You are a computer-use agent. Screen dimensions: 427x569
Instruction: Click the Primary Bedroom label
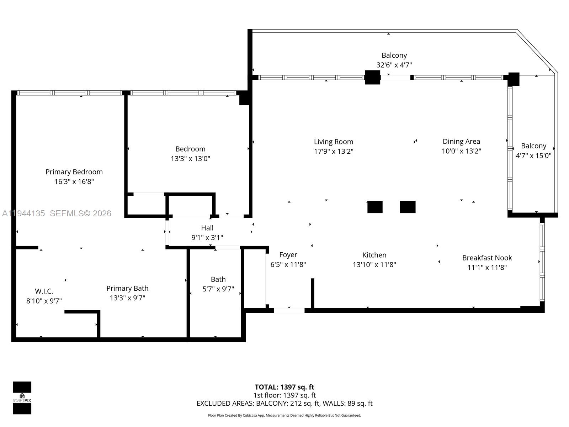[74, 172]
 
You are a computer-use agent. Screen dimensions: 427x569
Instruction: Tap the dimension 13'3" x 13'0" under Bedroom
[190, 159]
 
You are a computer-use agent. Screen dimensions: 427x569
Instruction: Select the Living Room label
[333, 142]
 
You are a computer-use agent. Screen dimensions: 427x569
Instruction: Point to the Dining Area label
[461, 141]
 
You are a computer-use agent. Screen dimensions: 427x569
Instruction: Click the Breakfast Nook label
[487, 258]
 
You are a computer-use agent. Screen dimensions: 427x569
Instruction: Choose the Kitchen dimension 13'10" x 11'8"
[374, 265]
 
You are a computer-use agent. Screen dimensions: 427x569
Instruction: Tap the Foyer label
[288, 255]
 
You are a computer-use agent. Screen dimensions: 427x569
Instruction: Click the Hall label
[207, 228]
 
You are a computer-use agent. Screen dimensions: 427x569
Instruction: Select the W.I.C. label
[44, 291]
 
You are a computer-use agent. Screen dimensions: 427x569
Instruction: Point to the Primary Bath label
[127, 288]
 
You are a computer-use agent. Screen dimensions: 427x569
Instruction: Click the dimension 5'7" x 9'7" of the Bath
[218, 289]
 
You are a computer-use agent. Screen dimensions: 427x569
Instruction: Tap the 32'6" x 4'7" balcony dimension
[394, 65]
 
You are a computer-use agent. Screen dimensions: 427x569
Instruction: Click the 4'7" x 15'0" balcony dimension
[533, 155]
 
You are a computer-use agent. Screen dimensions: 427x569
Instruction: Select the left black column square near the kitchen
[375, 207]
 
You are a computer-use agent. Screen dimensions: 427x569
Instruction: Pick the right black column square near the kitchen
[408, 207]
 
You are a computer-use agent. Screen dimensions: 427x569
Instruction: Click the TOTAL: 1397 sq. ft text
[284, 387]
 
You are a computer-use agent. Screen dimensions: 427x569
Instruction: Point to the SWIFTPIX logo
[22, 398]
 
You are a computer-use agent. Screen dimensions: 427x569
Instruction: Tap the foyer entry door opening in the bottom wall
[289, 310]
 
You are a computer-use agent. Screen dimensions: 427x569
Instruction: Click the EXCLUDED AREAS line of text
[284, 404]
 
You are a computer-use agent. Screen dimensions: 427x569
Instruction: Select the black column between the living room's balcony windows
[372, 77]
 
